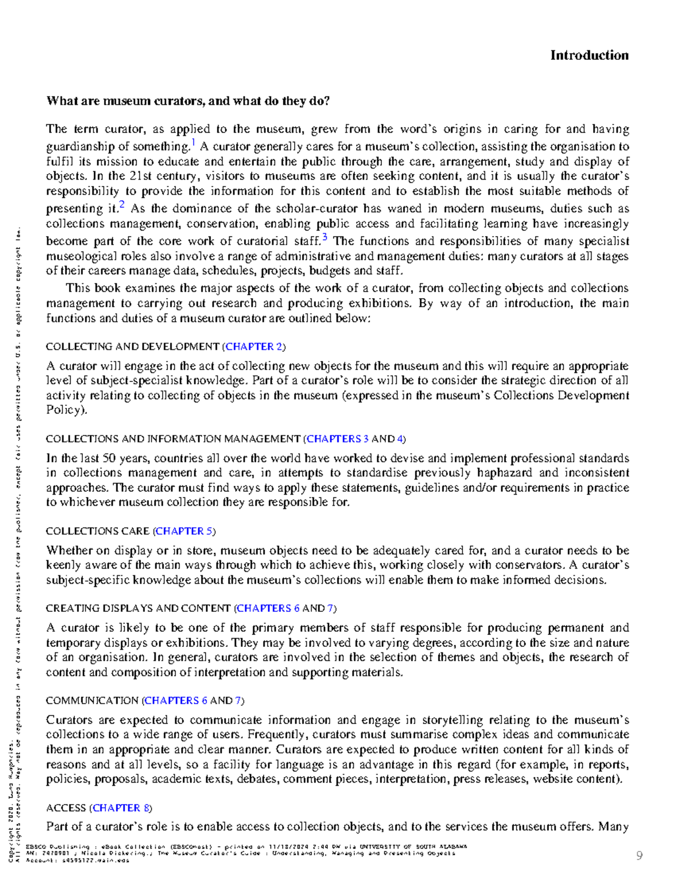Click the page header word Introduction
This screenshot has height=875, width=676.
tap(589, 55)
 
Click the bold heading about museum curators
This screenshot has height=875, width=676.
tap(188, 101)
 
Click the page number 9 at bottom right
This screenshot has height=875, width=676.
tap(639, 856)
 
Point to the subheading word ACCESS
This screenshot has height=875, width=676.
tap(66, 808)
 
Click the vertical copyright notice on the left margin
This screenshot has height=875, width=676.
tap(15, 563)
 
